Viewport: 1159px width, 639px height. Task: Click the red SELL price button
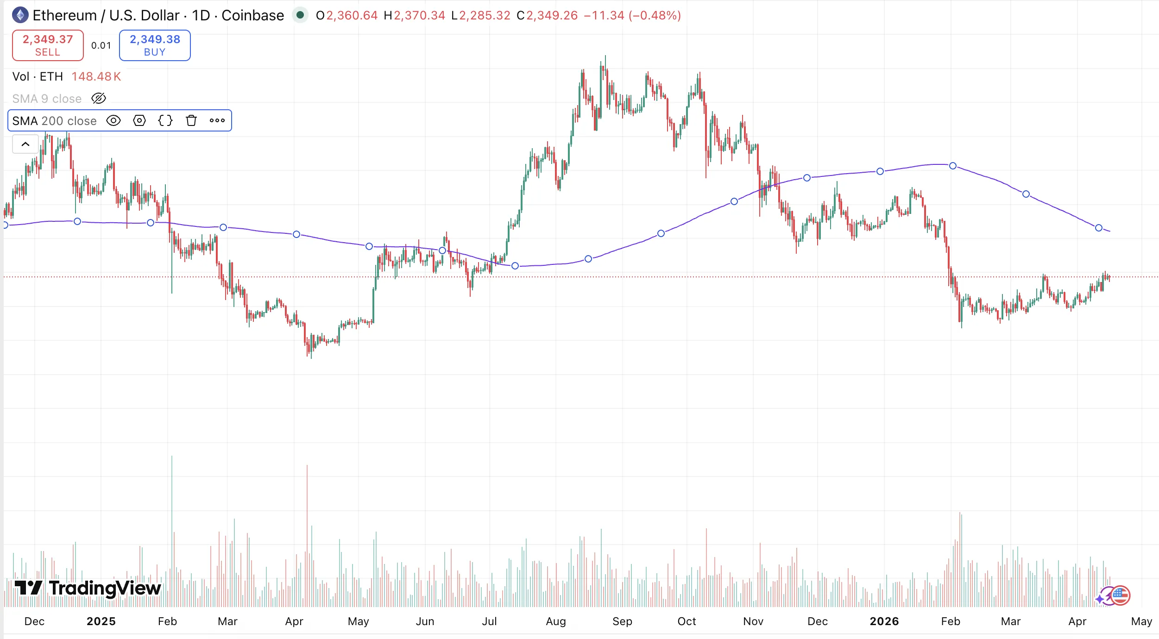[48, 45]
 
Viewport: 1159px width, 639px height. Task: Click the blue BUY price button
[155, 45]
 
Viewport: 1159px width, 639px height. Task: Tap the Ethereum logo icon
[20, 15]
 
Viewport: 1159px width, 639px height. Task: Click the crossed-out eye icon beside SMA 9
[99, 98]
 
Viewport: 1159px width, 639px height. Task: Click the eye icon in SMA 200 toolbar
[113, 121]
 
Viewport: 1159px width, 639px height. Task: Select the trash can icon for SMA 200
[191, 121]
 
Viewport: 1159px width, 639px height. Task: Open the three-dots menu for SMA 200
[217, 121]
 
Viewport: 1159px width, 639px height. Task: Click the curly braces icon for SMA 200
[165, 121]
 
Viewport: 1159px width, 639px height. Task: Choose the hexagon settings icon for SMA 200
[139, 121]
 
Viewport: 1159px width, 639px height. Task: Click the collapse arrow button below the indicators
[25, 144]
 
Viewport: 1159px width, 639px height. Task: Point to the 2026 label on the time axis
[884, 621]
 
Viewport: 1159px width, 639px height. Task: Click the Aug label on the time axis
[556, 621]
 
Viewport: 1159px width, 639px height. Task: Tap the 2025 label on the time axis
[101, 621]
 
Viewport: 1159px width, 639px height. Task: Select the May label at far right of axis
[1141, 621]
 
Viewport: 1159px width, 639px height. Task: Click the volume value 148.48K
[96, 76]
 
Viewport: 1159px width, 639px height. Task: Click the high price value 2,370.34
[419, 15]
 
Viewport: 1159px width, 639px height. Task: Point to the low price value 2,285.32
[485, 15]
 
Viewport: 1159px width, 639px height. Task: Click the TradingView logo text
[105, 588]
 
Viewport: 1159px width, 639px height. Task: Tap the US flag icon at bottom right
[1120, 595]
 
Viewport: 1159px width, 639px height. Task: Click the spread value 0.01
[101, 45]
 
